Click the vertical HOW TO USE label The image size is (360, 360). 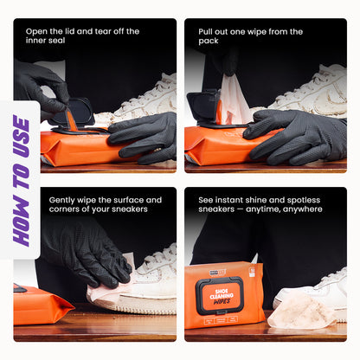pyautogui.click(x=21, y=179)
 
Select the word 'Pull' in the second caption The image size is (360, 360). pyautogui.click(x=208, y=31)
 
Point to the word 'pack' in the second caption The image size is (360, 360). pyautogui.click(x=209, y=42)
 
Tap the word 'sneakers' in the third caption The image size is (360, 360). pyautogui.click(x=120, y=209)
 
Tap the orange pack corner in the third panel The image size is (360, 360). pyautogui.click(x=39, y=304)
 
